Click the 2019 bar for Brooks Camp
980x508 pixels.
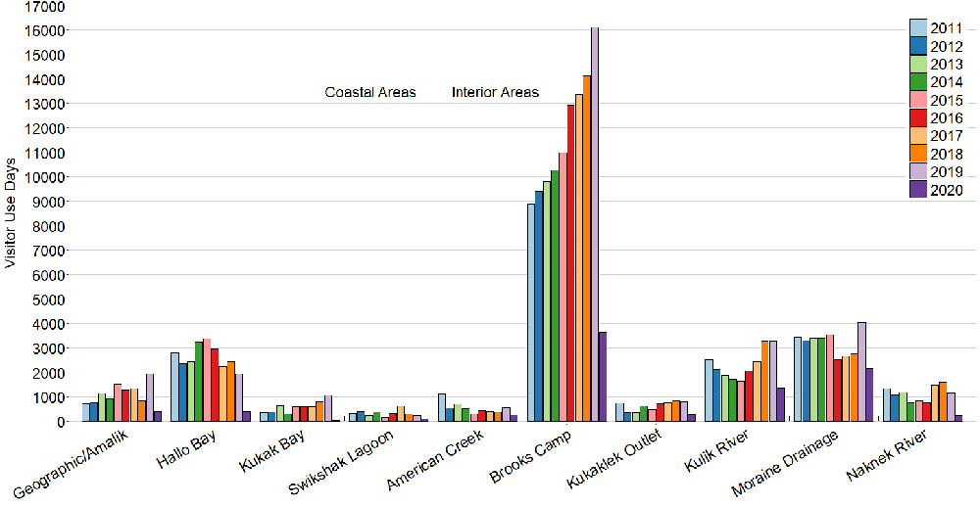(595, 225)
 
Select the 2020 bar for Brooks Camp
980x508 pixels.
(604, 377)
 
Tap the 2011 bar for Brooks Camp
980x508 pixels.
(531, 313)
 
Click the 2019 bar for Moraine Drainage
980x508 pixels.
(861, 372)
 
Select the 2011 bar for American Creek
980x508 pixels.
(442, 407)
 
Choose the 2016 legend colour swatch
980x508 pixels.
(919, 118)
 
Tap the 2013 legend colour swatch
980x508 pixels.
(919, 65)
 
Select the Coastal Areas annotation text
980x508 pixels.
(370, 93)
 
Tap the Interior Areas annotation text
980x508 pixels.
(495, 93)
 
